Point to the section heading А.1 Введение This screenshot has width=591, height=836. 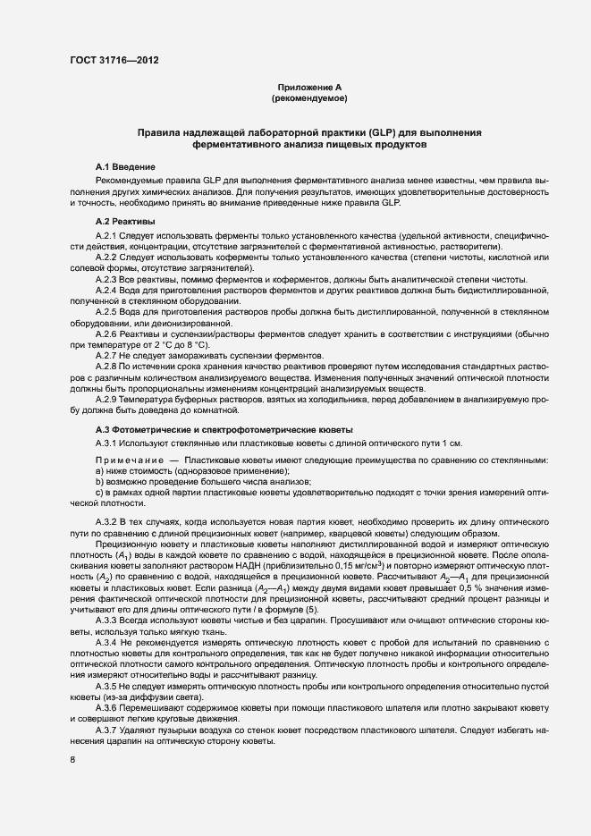tap(125, 168)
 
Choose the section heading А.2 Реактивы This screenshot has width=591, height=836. tap(125, 221)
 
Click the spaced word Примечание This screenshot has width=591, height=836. tap(125, 460)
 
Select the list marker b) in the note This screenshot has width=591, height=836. tap(98, 482)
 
